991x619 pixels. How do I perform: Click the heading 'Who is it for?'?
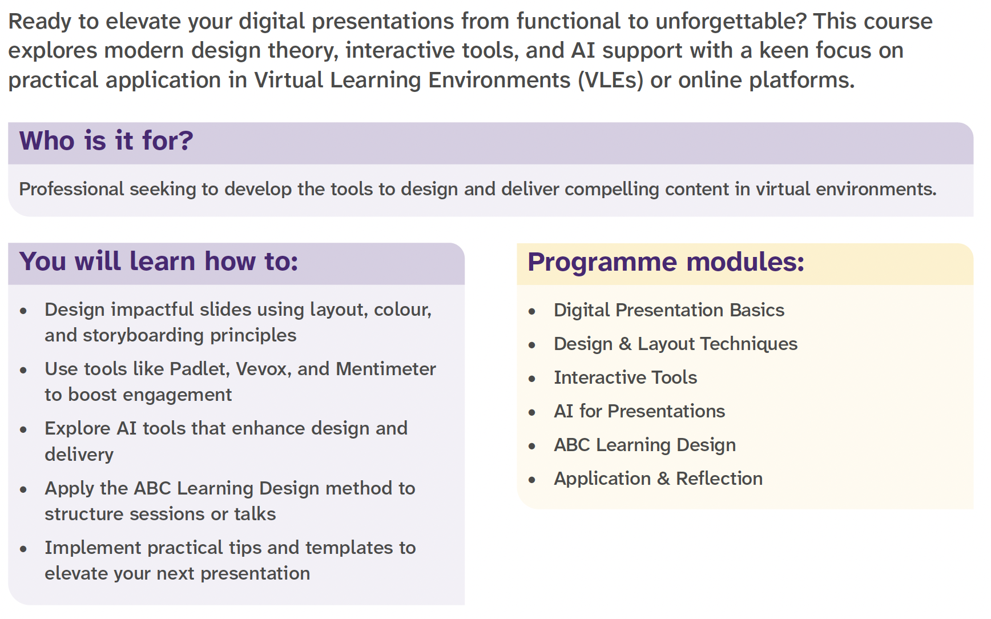[106, 140]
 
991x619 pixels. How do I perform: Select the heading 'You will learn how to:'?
[159, 261]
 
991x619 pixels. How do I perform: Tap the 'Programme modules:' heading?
[666, 262]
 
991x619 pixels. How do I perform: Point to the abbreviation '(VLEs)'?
[610, 80]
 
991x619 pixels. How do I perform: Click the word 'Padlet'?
[199, 369]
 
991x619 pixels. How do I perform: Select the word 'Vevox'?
[263, 369]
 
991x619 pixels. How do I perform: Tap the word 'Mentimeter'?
[386, 369]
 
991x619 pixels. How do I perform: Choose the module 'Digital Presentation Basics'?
[669, 310]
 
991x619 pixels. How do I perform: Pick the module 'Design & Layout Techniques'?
[675, 344]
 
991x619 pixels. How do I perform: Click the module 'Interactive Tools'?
[625, 377]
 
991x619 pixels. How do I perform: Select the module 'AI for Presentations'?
[639, 411]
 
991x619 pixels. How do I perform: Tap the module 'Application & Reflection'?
[658, 479]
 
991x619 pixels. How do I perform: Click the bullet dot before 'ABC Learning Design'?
[532, 446]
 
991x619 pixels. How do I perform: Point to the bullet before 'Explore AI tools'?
[23, 429]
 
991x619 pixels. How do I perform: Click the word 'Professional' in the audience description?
[71, 189]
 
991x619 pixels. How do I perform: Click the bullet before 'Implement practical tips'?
[23, 549]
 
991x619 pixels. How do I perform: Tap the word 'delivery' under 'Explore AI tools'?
[79, 455]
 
